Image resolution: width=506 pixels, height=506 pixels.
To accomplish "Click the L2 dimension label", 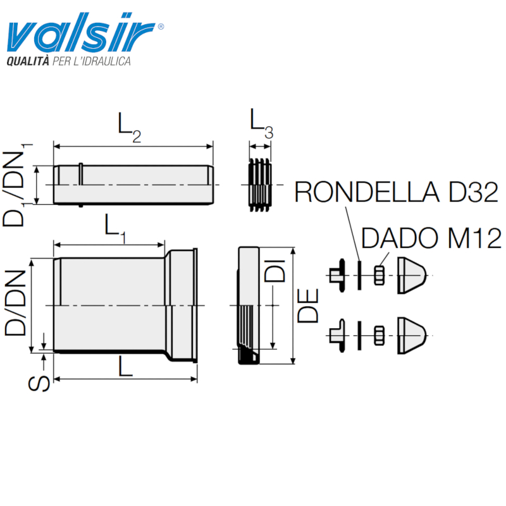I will point(130,126).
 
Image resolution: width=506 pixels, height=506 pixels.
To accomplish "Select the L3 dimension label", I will point(261,122).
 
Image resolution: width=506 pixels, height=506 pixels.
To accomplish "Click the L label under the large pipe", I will point(125,366).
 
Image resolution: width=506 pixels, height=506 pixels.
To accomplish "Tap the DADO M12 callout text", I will point(432,238).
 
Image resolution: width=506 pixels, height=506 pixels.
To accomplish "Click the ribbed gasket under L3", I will point(261,184).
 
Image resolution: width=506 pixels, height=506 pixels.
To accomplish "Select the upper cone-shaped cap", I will point(412,275).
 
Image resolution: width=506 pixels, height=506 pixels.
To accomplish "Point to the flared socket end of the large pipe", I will point(183,305).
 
